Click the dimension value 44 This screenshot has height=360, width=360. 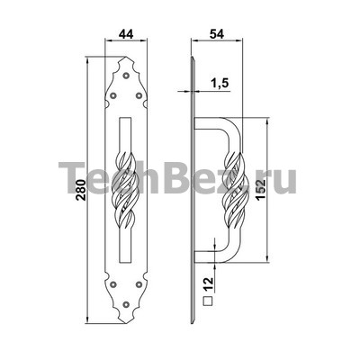[x=126, y=33]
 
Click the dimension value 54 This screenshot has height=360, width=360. [x=217, y=33]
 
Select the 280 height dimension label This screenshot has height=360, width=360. [x=81, y=190]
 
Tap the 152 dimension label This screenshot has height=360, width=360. [x=262, y=189]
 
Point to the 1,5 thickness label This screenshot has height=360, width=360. [x=219, y=84]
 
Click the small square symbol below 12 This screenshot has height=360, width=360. [x=208, y=301]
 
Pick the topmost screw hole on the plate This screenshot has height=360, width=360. [x=126, y=76]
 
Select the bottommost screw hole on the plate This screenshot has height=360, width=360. [x=126, y=304]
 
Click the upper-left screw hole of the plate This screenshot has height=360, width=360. [x=113, y=95]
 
